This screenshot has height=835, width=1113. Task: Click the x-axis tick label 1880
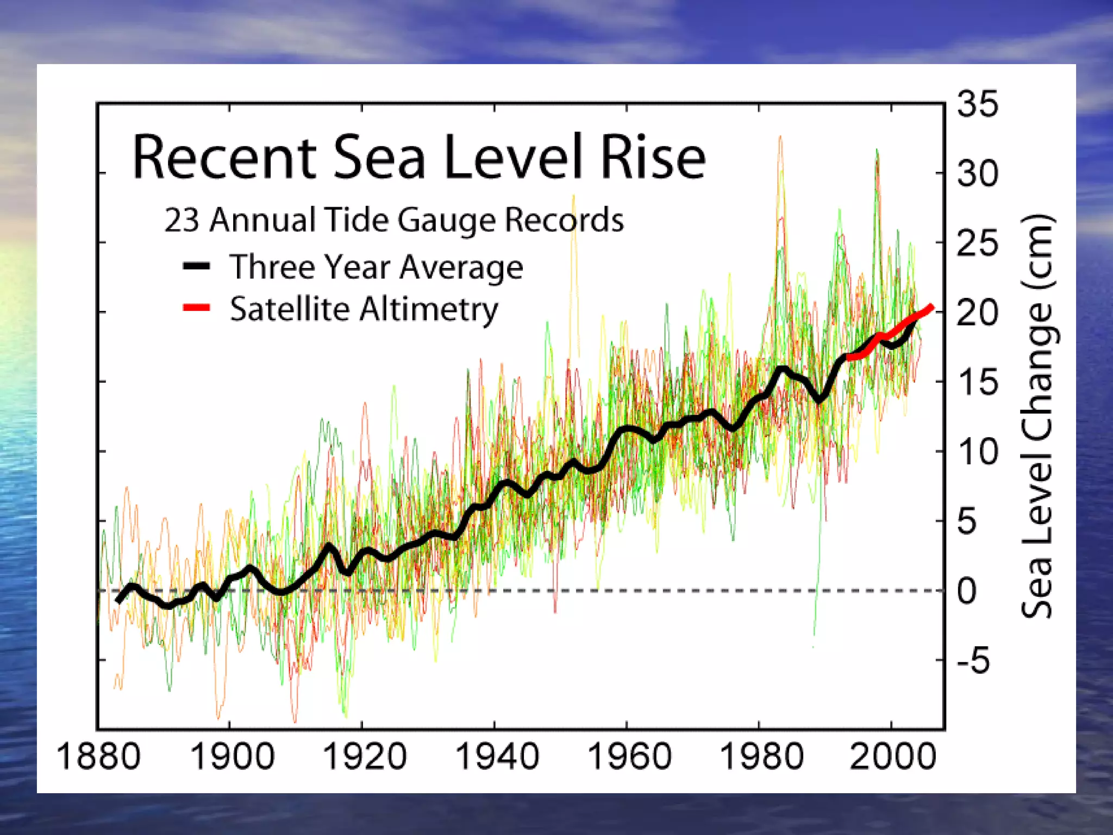pyautogui.click(x=98, y=756)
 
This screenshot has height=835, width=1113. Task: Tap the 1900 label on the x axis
pyautogui.click(x=232, y=756)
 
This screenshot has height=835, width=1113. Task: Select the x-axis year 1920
pyautogui.click(x=364, y=756)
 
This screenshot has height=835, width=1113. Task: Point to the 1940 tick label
pyautogui.click(x=497, y=756)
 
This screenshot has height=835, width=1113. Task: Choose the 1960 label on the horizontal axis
pyautogui.click(x=629, y=756)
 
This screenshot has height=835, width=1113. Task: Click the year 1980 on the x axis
pyautogui.click(x=761, y=756)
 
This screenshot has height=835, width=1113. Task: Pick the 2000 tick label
pyautogui.click(x=893, y=756)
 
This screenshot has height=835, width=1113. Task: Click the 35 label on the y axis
pyautogui.click(x=978, y=104)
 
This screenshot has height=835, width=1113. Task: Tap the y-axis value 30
pyautogui.click(x=978, y=175)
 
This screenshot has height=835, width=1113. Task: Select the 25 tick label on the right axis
pyautogui.click(x=978, y=244)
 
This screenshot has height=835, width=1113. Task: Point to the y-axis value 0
pyautogui.click(x=967, y=591)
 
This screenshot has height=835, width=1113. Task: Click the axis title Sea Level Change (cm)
pyautogui.click(x=1038, y=416)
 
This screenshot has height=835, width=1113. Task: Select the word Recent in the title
pyautogui.click(x=224, y=158)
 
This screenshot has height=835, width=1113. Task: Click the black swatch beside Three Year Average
pyautogui.click(x=196, y=266)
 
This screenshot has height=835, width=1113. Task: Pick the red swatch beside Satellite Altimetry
pyautogui.click(x=196, y=308)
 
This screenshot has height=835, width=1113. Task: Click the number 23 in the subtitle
pyautogui.click(x=182, y=220)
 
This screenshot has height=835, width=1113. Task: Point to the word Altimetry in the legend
pyautogui.click(x=429, y=310)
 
